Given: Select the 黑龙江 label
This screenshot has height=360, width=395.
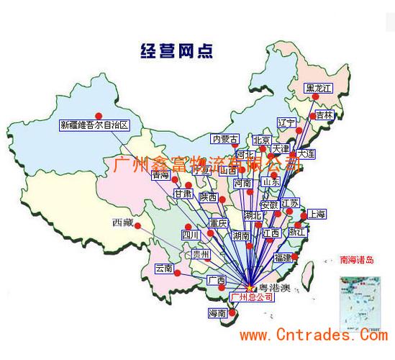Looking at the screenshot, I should click(x=321, y=89).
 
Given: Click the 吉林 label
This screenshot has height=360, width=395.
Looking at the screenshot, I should click(x=325, y=115).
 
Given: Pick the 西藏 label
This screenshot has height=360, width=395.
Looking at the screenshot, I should click(x=122, y=222).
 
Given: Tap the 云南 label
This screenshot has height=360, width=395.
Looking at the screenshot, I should click(x=164, y=269).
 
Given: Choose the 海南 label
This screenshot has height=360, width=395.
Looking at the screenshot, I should click(x=217, y=313).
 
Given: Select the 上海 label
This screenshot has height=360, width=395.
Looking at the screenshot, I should click(x=317, y=215).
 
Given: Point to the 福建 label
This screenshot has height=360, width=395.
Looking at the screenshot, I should click(x=283, y=257).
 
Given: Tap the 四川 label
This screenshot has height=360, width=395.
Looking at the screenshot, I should click(x=190, y=235).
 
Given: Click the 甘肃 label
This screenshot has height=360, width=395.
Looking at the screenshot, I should click(x=183, y=194).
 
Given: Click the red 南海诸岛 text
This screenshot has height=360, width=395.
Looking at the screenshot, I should click(x=357, y=260).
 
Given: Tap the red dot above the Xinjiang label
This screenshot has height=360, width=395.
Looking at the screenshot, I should click(x=99, y=115).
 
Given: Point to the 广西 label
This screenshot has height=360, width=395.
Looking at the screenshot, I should click(x=216, y=280).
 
